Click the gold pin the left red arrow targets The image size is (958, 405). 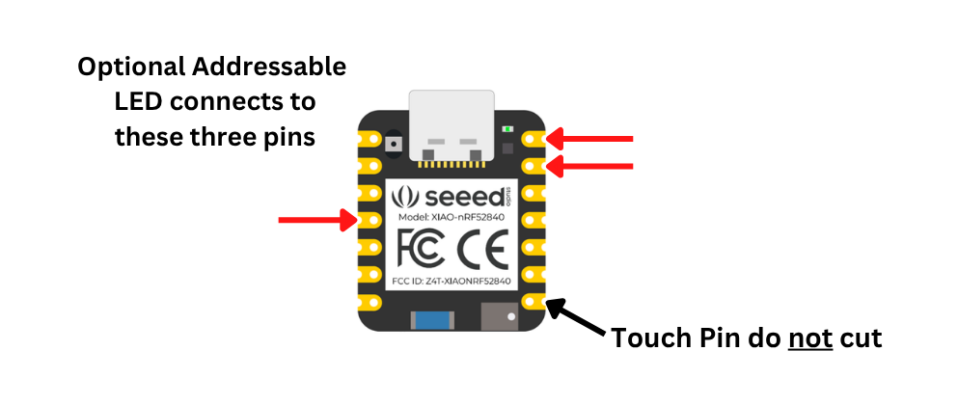[x=370, y=221]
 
